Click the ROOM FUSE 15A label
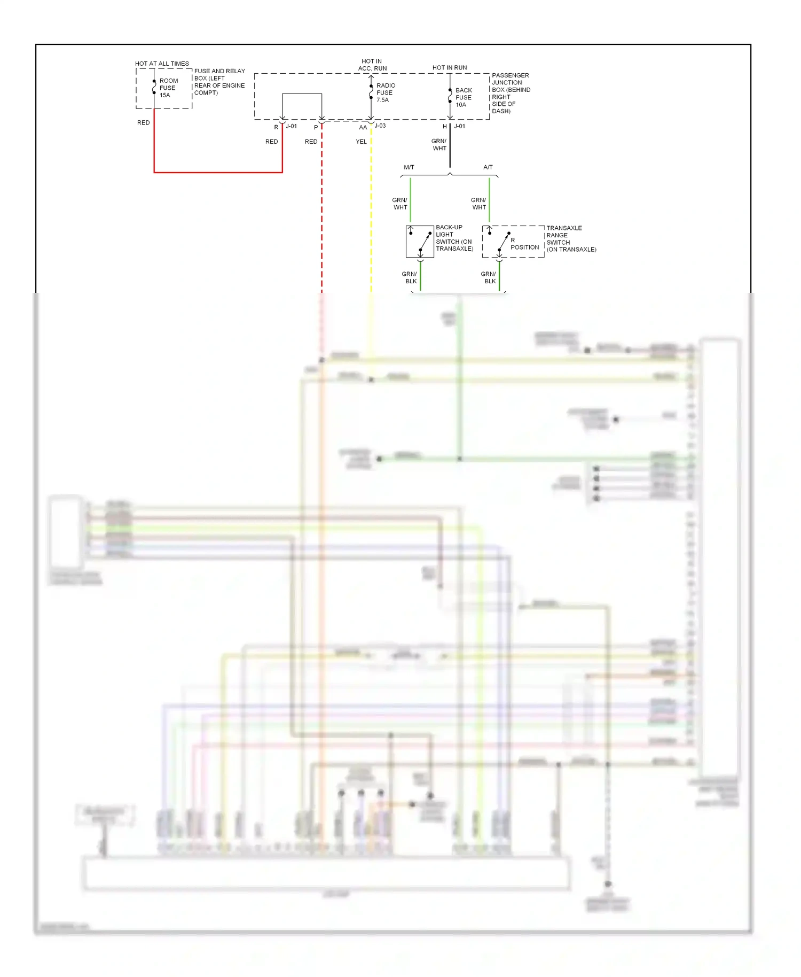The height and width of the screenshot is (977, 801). click(168, 88)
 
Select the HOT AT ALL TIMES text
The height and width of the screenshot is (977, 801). click(162, 64)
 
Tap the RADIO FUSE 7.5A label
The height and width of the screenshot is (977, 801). click(385, 92)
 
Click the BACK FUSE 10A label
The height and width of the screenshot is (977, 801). click(463, 97)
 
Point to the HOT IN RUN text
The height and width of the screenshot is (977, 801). click(449, 68)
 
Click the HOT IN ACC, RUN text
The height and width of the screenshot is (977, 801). click(372, 65)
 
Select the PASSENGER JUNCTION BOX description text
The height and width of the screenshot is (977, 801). click(511, 93)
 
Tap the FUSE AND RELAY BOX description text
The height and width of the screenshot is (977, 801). click(219, 82)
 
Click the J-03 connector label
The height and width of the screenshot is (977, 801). click(380, 126)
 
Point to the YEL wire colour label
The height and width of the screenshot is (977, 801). click(361, 142)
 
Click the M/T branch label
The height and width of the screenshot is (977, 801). click(409, 167)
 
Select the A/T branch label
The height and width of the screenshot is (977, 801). click(488, 167)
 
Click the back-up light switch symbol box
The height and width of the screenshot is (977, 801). click(420, 242)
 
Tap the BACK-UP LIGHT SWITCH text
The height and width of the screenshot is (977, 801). click(454, 238)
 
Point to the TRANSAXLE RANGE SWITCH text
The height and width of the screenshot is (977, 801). click(570, 238)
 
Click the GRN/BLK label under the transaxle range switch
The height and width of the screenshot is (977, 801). click(488, 277)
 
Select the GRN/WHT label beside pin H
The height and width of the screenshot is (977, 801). click(439, 145)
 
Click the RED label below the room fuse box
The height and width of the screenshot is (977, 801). click(143, 123)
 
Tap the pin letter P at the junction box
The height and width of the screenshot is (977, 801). click(316, 127)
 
